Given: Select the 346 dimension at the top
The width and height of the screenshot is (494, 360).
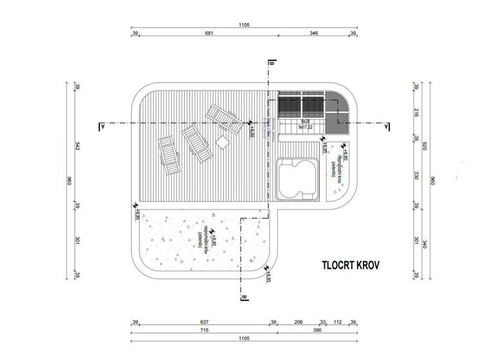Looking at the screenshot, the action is pyautogui.click(x=313, y=33).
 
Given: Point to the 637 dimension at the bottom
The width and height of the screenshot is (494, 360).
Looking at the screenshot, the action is pyautogui.click(x=204, y=321).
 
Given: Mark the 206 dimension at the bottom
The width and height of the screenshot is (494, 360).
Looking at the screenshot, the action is pyautogui.click(x=299, y=321).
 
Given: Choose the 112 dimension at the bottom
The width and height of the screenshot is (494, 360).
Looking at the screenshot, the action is pyautogui.click(x=336, y=321).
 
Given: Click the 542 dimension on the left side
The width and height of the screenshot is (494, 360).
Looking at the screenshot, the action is pyautogui.click(x=77, y=147).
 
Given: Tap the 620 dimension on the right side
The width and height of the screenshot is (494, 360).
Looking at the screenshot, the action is pyautogui.click(x=425, y=147).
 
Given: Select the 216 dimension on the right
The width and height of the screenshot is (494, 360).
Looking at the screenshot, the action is pyautogui.click(x=416, y=113).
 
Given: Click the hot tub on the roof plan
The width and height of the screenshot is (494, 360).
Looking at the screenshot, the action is pyautogui.click(x=297, y=179).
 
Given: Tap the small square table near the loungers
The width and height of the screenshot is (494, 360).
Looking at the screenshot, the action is pyautogui.click(x=223, y=143).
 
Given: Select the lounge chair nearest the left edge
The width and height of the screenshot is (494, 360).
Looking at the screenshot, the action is pyautogui.click(x=169, y=156).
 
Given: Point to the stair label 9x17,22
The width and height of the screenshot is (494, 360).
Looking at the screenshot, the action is pyautogui.click(x=305, y=127).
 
